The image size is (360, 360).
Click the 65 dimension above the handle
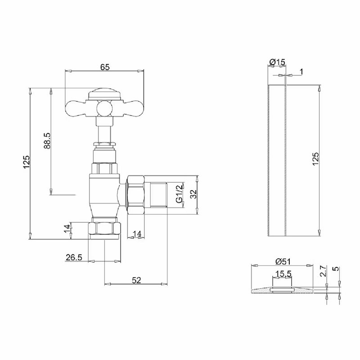[x=105, y=67]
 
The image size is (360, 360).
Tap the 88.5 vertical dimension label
[x=47, y=141]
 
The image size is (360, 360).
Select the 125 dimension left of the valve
[x=27, y=162]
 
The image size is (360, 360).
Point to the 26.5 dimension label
[x=74, y=257]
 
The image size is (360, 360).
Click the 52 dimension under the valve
[x=136, y=280]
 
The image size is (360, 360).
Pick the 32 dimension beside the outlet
[x=193, y=194]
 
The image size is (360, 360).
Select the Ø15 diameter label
[x=277, y=62]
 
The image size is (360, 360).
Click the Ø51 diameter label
[x=283, y=261]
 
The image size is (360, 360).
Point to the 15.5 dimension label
[x=283, y=274]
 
